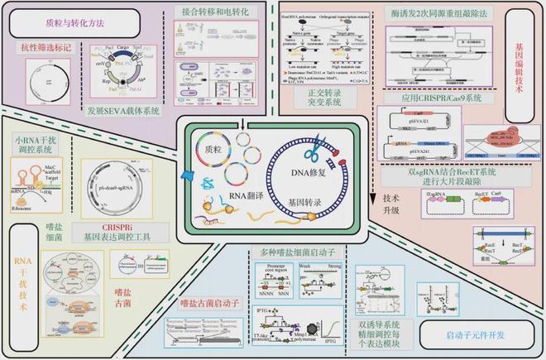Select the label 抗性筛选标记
tap(45, 50)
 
